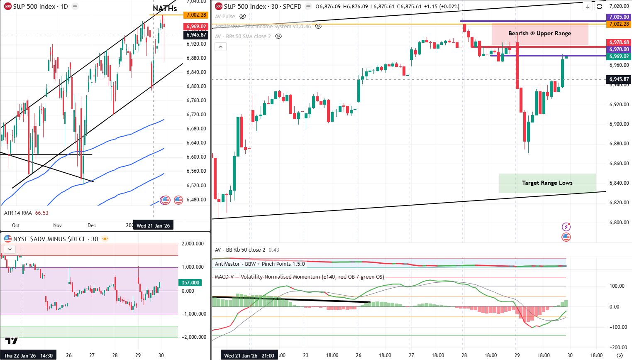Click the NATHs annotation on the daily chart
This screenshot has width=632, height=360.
pyautogui.click(x=165, y=8)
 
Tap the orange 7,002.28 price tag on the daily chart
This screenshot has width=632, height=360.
pyautogui.click(x=196, y=15)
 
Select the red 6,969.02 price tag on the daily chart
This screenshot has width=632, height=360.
pyautogui.click(x=196, y=27)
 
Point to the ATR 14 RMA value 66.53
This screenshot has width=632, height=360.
pyautogui.click(x=41, y=213)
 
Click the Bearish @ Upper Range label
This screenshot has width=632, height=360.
pyautogui.click(x=539, y=34)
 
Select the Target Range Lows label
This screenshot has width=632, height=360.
pyautogui.click(x=547, y=183)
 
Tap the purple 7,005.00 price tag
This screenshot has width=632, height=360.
pyautogui.click(x=619, y=17)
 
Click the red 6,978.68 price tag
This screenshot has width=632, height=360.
pyautogui.click(x=619, y=42)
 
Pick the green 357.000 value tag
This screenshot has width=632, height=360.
pyautogui.click(x=190, y=283)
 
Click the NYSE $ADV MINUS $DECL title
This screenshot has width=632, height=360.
pyautogui.click(x=56, y=239)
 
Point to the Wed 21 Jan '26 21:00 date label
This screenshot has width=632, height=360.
pyautogui.click(x=249, y=355)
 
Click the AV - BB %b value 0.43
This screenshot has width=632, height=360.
pyautogui.click(x=274, y=250)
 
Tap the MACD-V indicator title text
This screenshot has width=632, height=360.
pyautogui.click(x=299, y=277)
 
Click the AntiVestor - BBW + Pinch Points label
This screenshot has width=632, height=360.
pyautogui.click(x=260, y=264)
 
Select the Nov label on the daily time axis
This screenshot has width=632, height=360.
pyautogui.click(x=57, y=225)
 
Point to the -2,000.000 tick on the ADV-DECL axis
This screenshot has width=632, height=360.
pyautogui.click(x=194, y=337)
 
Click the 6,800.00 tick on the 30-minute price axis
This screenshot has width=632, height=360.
pyautogui.click(x=619, y=223)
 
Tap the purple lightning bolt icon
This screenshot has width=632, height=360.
pyautogui.click(x=566, y=227)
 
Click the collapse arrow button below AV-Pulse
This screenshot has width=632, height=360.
pyautogui.click(x=220, y=47)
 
